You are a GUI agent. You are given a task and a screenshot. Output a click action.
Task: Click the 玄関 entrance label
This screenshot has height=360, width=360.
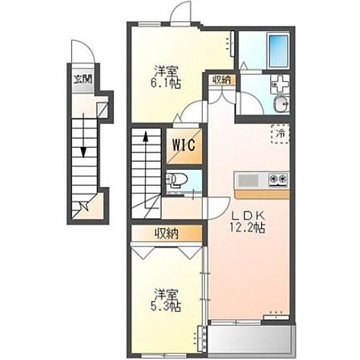click(83, 79)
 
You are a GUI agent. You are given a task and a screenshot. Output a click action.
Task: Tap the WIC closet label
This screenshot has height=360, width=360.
click(184, 145)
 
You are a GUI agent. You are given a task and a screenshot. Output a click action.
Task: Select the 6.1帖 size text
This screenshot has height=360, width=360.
click(166, 84)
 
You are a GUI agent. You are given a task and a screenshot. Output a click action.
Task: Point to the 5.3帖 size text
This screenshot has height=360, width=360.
click(166, 306)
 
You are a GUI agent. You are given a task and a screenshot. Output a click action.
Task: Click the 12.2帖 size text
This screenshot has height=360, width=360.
click(248, 228)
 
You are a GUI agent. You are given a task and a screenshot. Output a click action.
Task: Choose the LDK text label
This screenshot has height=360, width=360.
click(248, 215)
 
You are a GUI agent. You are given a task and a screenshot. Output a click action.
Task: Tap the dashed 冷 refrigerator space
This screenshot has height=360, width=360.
click(280, 134)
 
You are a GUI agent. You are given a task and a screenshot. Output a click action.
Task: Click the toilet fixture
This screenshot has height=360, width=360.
click(176, 179)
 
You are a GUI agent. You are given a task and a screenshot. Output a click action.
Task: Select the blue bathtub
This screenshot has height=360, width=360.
click(278, 50)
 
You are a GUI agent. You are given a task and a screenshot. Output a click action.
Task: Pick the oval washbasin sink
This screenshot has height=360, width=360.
click(281, 104)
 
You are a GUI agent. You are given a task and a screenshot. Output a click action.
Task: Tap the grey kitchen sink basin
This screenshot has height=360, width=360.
click(247, 180)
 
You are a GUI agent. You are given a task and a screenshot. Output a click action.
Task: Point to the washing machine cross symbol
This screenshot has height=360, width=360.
click(280, 83)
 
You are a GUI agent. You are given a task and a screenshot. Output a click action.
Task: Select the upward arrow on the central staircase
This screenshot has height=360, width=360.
click(145, 170)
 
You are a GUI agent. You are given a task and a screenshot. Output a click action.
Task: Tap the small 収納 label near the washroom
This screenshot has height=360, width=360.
click(221, 80)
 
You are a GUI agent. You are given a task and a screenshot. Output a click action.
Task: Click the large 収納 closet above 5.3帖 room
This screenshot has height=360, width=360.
click(166, 233)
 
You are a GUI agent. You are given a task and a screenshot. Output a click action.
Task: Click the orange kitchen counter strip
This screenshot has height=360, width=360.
click(262, 194)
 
